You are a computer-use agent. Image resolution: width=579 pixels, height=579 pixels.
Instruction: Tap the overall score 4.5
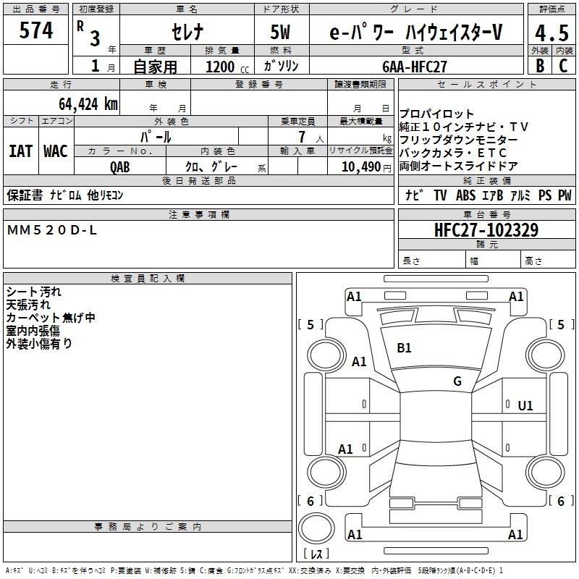549,33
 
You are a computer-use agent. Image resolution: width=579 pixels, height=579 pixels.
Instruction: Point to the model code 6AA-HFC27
415,66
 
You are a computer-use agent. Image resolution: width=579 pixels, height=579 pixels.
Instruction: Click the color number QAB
120,166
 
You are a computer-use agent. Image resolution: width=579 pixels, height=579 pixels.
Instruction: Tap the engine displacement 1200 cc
220,67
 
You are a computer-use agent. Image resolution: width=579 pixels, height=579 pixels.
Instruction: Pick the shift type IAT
20,151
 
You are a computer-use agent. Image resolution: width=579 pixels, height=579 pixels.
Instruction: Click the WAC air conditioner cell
55,151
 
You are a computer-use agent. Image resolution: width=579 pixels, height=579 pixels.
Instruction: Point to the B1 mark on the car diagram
404,347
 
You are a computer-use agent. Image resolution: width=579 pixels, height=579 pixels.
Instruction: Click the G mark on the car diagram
457,381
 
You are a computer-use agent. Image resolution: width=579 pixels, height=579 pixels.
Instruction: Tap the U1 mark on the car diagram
525,406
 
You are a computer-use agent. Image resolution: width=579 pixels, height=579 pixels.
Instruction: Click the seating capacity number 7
300,137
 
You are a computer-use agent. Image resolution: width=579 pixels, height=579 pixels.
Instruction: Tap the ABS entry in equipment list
465,195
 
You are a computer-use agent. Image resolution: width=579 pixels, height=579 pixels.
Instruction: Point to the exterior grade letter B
539,66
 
